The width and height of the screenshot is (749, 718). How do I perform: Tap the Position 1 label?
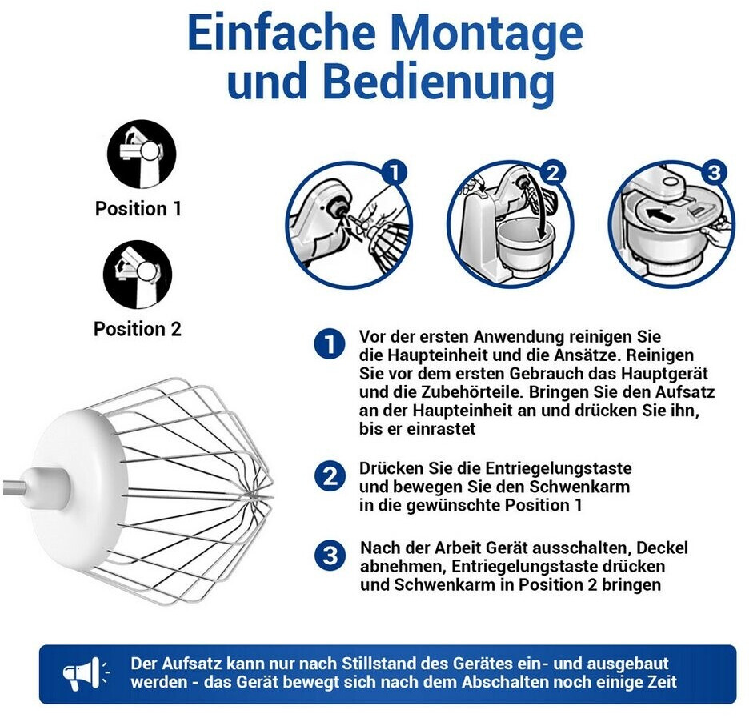[x=138, y=208]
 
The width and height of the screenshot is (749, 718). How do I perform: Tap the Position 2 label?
[x=138, y=329]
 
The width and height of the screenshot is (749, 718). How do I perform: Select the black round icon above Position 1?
[x=142, y=154]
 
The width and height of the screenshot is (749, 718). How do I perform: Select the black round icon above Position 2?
[x=138, y=275]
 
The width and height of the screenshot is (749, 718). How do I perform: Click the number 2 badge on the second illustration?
[x=553, y=172]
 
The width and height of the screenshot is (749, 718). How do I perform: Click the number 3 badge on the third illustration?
[x=715, y=172]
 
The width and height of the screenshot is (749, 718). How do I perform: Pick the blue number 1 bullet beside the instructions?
[x=330, y=344]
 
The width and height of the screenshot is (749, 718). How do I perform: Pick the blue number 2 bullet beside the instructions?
[x=330, y=476]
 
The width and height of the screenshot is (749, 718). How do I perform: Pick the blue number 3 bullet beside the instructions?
[x=330, y=556]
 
